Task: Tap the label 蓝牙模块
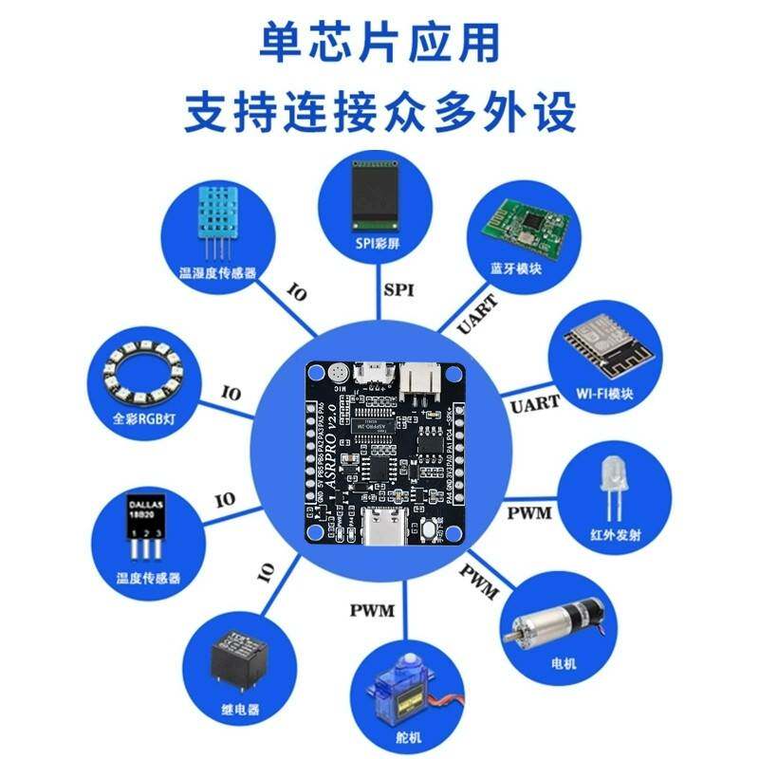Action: [516, 268]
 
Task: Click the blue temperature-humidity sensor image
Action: [217, 221]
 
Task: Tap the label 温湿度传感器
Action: [218, 273]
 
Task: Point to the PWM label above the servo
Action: [372, 610]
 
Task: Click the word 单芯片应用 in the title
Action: [379, 45]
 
